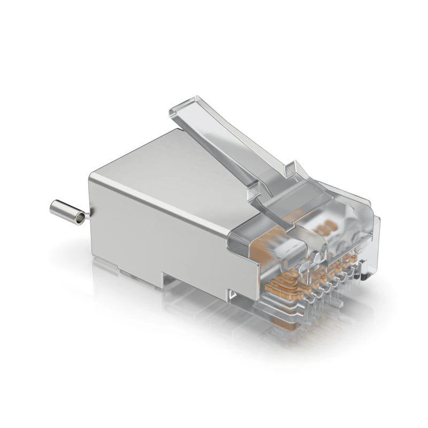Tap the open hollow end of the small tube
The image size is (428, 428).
[x=80, y=218]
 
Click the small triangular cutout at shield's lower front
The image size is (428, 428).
[x=231, y=294]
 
